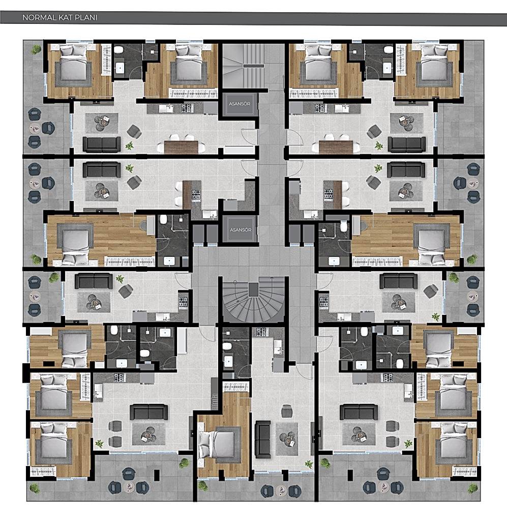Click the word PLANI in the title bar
[x=86, y=17]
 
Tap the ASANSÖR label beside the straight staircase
[x=240, y=104]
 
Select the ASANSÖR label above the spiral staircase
[x=241, y=230]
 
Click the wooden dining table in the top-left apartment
[x=181, y=147]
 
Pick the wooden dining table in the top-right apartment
[x=336, y=147]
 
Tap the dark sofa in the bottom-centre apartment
[x=262, y=439]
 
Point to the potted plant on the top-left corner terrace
[x=36, y=49]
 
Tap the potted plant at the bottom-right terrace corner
[x=472, y=488]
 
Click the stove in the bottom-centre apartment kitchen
[x=261, y=331]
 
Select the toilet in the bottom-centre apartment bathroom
[x=227, y=347]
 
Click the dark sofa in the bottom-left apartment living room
[x=148, y=412]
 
